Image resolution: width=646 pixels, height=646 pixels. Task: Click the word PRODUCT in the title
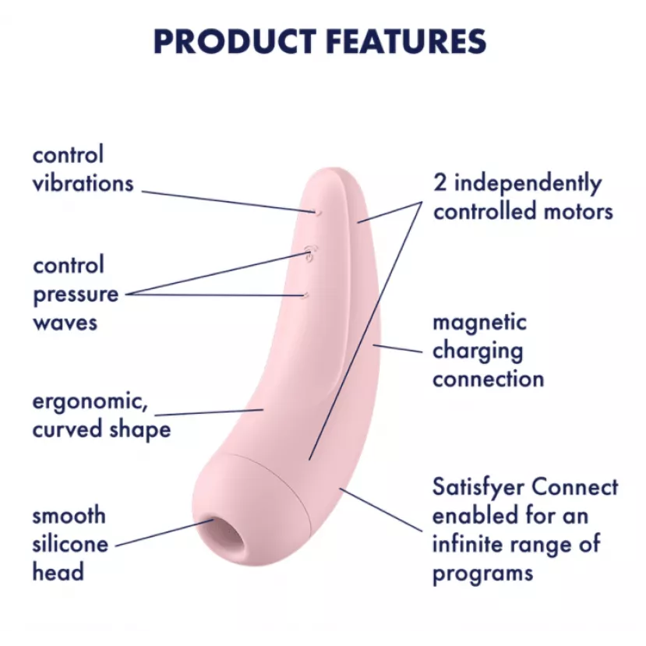(235, 41)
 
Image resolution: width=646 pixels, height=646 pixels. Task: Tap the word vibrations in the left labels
(83, 183)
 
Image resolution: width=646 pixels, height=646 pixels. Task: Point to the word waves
(65, 323)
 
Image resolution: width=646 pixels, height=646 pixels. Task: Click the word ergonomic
(90, 402)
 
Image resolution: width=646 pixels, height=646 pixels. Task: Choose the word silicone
(70, 544)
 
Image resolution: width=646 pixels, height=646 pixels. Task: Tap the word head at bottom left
(58, 572)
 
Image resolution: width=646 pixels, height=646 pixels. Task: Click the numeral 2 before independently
(440, 183)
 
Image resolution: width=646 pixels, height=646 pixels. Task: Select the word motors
(578, 212)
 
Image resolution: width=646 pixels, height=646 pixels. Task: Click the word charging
(478, 352)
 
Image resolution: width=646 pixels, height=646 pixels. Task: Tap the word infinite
(468, 544)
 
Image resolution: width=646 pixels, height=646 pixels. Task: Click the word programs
(483, 574)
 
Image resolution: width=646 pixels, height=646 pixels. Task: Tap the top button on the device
(318, 213)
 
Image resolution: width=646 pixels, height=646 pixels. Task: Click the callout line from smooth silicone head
(164, 533)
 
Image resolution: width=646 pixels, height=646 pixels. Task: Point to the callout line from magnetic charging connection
(397, 348)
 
